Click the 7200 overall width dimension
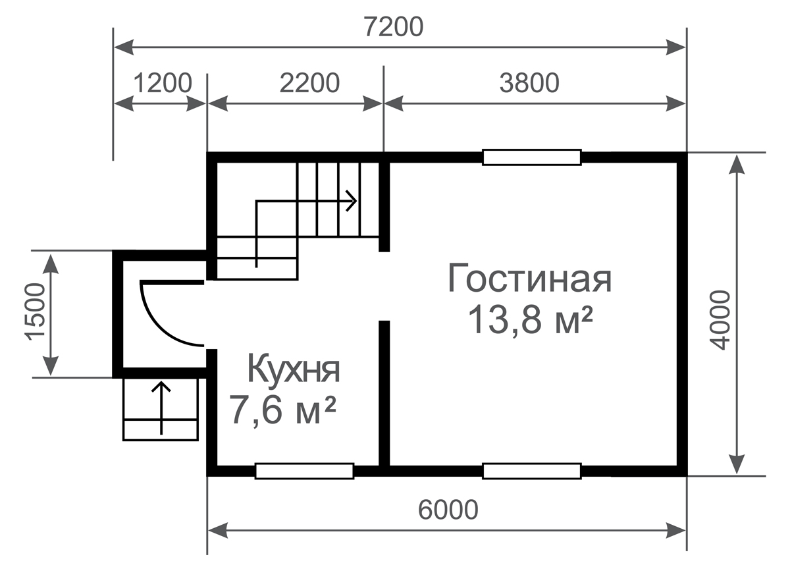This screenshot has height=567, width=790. [394, 28]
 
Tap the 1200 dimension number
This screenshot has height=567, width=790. [163, 83]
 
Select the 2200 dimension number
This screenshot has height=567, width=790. [309, 83]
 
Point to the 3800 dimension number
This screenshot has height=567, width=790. [529, 83]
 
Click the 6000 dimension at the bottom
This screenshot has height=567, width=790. [448, 510]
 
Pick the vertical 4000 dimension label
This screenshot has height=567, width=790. [719, 320]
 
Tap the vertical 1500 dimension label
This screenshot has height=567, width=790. [36, 312]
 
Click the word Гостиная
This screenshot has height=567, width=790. [530, 278]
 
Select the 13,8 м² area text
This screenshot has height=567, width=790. [531, 320]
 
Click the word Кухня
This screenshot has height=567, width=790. [294, 369]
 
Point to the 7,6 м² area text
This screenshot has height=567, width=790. [282, 411]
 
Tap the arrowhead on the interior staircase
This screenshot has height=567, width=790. [352, 201]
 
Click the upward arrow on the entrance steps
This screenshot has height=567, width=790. [161, 408]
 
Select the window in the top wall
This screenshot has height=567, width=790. [532, 157]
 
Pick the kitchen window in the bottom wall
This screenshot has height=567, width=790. [304, 471]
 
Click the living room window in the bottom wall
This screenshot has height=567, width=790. [532, 471]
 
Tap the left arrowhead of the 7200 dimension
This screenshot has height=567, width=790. [124, 47]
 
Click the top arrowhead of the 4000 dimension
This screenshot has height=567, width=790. [737, 164]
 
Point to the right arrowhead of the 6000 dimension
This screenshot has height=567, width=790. [675, 531]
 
